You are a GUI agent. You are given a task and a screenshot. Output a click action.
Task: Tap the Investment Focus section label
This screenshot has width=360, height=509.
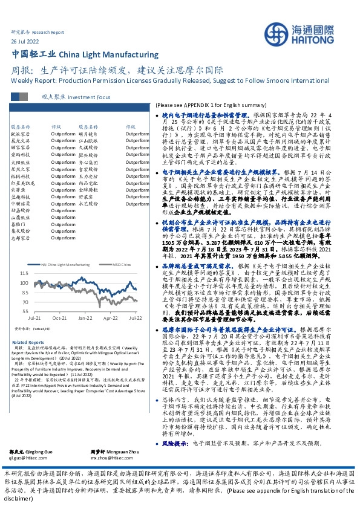coord(90,97)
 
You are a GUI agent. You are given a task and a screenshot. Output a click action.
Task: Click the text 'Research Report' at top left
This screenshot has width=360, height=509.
coord(48,30)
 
